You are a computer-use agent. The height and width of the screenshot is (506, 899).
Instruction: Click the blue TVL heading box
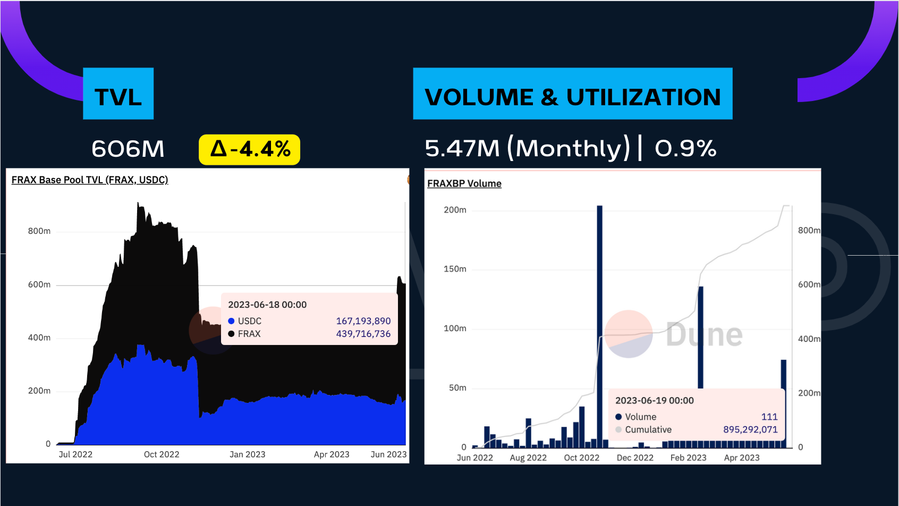[118, 94]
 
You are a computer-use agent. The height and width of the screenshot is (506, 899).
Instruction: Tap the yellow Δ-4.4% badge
[249, 149]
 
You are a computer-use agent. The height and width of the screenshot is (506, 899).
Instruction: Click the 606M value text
[128, 149]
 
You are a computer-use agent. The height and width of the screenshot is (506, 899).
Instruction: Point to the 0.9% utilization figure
[685, 148]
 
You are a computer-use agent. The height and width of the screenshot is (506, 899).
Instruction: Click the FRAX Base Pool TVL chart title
[90, 180]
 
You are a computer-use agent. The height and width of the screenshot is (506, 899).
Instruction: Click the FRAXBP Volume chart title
[464, 183]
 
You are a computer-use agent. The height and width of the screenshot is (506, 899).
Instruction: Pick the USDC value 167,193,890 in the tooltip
[363, 321]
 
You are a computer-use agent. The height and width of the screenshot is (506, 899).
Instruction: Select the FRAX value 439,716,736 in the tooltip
[363, 334]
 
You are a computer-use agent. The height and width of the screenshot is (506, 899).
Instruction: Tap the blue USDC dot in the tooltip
[231, 321]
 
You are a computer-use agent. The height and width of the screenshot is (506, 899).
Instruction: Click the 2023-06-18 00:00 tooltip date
[267, 305]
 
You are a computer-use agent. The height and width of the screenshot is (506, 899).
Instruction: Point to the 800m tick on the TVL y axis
[39, 231]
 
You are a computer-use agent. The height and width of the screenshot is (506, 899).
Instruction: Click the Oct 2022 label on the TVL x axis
[162, 454]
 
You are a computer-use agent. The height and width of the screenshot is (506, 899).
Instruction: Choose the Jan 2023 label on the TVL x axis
[247, 454]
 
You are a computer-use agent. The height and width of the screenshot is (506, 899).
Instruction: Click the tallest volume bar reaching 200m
[599, 324]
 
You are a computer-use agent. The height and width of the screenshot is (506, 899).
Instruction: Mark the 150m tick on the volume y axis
[455, 269]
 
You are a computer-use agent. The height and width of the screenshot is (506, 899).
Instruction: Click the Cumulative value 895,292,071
[750, 429]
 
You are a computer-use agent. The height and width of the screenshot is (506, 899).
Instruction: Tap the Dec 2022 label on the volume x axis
[635, 458]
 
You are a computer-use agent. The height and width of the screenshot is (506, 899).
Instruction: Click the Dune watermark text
[704, 335]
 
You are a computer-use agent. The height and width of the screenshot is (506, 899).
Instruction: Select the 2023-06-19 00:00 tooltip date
[654, 400]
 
